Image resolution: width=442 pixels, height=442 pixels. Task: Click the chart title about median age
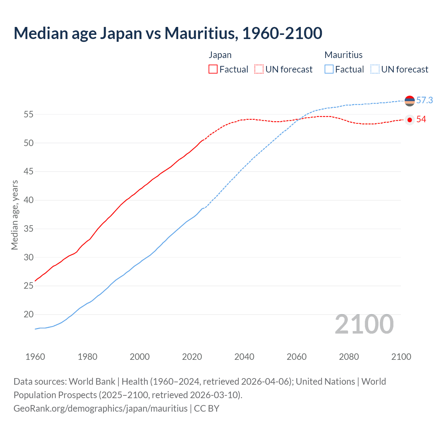(x=168, y=33)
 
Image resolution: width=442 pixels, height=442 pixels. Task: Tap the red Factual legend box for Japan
(x=213, y=69)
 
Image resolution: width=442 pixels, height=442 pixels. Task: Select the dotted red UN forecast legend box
(x=259, y=69)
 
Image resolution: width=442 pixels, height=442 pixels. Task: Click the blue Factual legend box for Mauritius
(x=329, y=69)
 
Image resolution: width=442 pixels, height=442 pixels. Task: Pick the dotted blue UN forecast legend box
(x=375, y=69)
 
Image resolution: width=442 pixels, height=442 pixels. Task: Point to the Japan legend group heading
(x=220, y=55)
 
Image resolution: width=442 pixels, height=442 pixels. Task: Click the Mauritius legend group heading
(x=344, y=55)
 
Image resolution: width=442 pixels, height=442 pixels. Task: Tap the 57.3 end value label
(x=424, y=100)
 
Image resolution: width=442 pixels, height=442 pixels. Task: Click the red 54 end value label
(x=421, y=119)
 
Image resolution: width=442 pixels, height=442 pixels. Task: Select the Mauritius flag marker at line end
(x=410, y=101)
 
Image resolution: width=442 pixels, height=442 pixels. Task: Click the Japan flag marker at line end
(x=410, y=120)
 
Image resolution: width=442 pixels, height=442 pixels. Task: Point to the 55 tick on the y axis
(x=29, y=114)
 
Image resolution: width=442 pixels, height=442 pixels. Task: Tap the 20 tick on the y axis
(x=29, y=315)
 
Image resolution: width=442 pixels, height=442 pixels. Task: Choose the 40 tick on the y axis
(x=29, y=200)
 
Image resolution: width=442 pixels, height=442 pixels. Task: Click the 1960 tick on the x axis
(x=35, y=357)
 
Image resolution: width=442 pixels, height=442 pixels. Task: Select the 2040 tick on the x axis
(x=244, y=357)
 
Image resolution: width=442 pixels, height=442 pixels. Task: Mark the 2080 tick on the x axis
(x=349, y=357)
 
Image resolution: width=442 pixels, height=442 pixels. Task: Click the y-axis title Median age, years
(x=15, y=215)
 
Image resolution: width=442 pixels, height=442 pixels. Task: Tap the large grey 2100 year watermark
(x=364, y=324)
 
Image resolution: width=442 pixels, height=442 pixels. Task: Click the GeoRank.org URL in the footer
(x=100, y=409)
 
